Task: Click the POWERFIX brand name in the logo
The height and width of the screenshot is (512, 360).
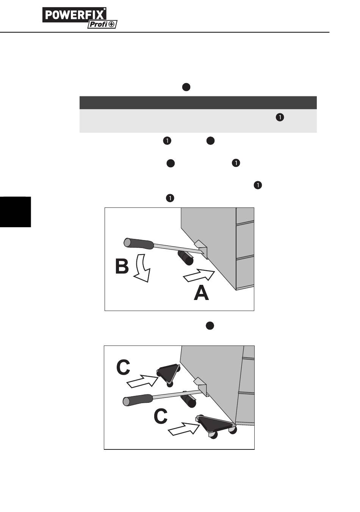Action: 74,15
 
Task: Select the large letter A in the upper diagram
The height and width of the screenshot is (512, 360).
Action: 201,293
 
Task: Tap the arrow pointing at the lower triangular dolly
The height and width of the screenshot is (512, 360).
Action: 183,429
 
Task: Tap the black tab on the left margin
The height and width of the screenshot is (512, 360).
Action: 16,212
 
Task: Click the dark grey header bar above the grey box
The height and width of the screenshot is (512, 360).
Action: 198,103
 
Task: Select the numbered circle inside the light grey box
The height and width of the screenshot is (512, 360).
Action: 280,118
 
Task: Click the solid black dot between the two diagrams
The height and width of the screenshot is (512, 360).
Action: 210,326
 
